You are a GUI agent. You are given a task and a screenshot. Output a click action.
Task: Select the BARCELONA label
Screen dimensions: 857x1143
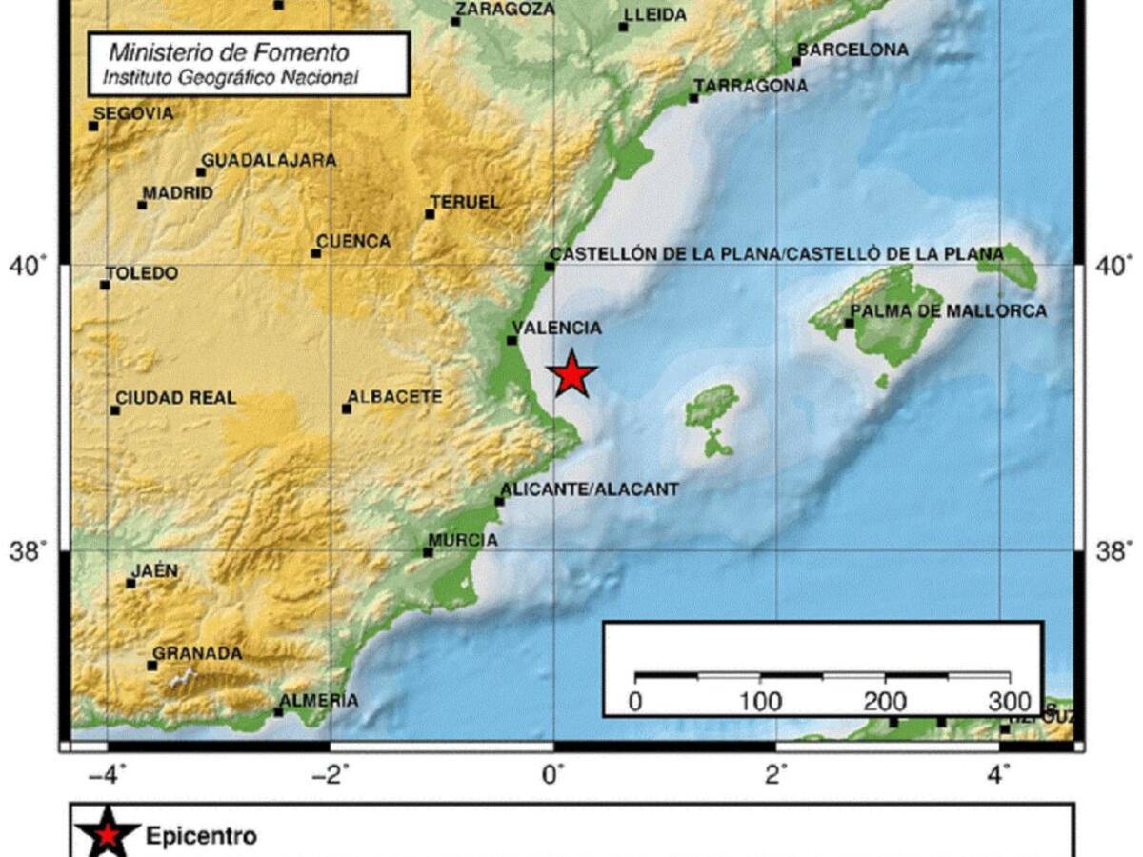pyautogui.click(x=852, y=50)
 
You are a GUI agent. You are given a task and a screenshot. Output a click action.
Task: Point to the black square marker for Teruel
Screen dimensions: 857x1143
pyautogui.click(x=430, y=214)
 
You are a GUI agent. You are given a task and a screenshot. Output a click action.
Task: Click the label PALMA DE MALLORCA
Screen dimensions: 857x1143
pyautogui.click(x=948, y=311)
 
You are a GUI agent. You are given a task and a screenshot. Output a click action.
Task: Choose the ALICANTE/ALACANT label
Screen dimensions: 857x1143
pyautogui.click(x=590, y=489)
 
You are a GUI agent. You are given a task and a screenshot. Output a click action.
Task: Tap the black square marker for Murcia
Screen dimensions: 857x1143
pyautogui.click(x=428, y=552)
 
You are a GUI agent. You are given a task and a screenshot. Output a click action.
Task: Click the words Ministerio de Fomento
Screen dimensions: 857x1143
pyautogui.click(x=229, y=53)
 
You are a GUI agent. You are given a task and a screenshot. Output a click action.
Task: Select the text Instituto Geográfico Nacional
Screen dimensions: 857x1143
pyautogui.click(x=231, y=77)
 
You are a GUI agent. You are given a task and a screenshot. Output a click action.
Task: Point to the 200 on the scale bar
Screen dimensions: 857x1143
pyautogui.click(x=885, y=703)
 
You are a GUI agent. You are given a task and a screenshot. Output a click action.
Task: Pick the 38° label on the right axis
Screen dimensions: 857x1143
pyautogui.click(x=1112, y=550)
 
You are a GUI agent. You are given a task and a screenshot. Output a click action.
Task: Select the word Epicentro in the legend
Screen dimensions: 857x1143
pyautogui.click(x=201, y=837)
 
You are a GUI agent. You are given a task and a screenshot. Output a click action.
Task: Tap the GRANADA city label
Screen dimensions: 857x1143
pyautogui.click(x=197, y=653)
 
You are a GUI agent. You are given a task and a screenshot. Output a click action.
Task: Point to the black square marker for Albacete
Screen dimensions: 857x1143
pyautogui.click(x=347, y=409)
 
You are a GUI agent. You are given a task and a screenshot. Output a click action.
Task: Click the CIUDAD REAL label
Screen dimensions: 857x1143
pyautogui.click(x=175, y=398)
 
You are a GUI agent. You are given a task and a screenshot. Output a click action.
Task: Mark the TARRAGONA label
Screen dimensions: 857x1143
pyautogui.click(x=751, y=86)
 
